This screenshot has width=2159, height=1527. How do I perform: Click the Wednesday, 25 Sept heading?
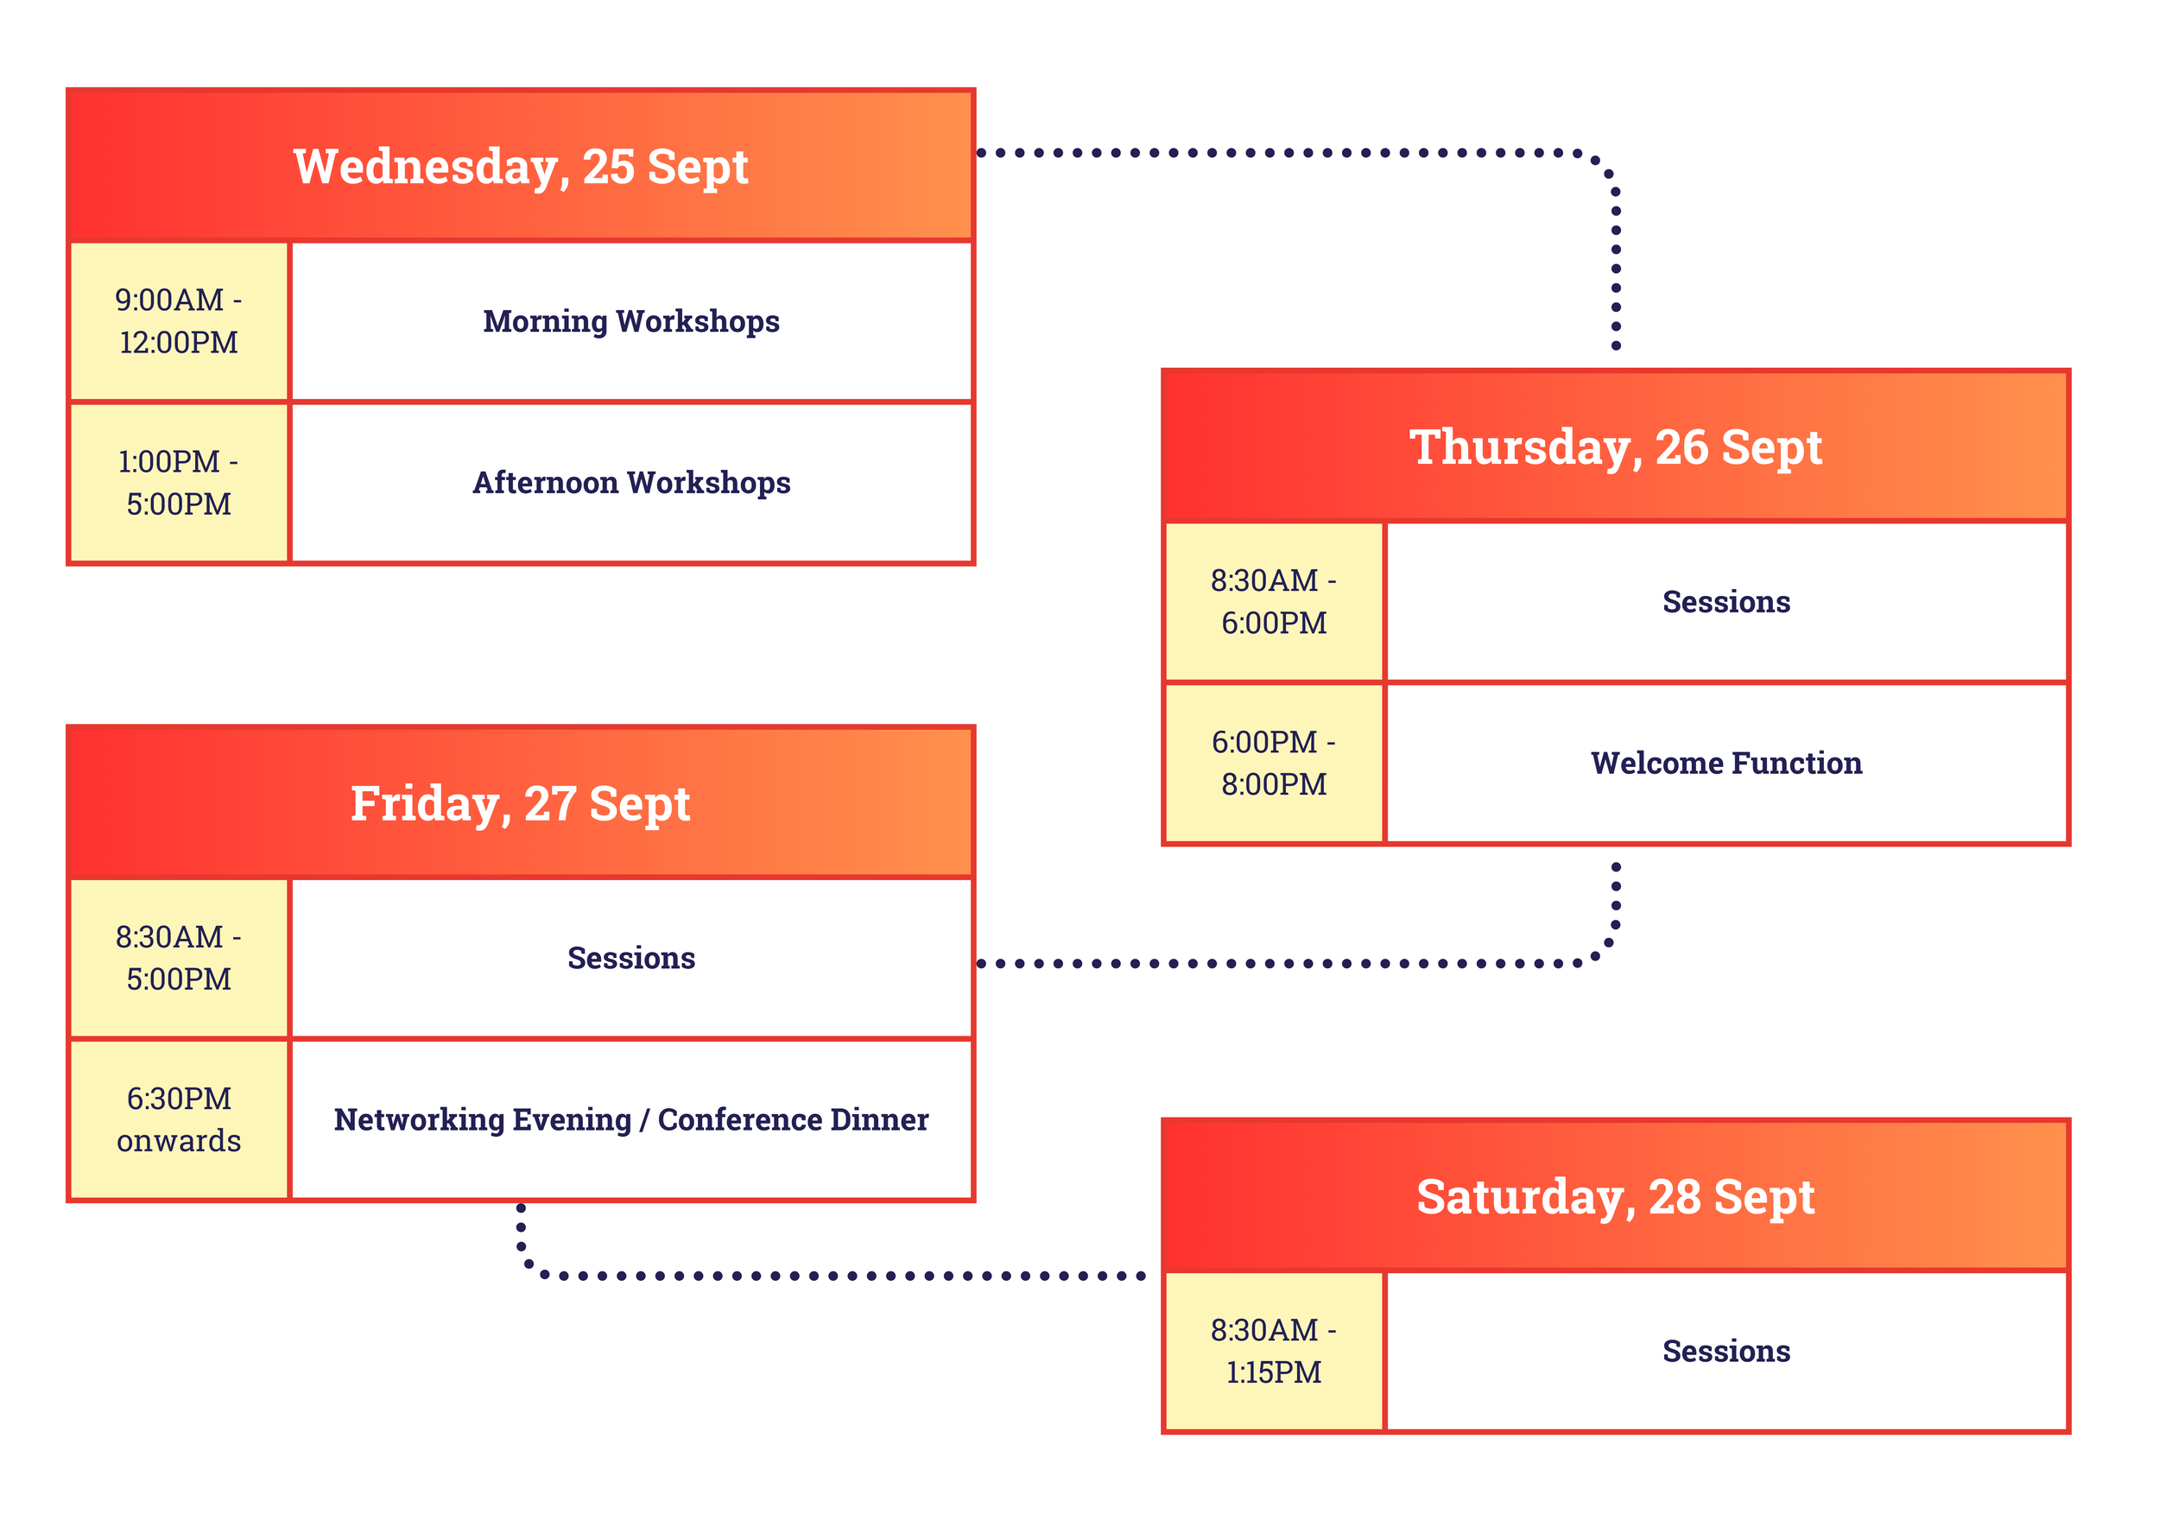[520, 167]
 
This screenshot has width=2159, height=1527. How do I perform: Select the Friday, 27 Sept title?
[520, 803]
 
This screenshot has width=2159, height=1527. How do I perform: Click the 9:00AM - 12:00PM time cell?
[179, 320]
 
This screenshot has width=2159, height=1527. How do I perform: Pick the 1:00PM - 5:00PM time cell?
[179, 482]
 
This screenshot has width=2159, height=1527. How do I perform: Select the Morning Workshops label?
[631, 320]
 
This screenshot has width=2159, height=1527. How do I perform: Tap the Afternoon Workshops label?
[631, 482]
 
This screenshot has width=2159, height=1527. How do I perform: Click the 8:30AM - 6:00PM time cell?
[1273, 602]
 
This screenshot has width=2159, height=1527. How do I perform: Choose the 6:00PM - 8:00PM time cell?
[1273, 763]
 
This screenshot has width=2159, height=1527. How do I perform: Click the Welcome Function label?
[1725, 763]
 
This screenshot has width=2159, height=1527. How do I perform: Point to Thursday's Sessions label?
[1725, 602]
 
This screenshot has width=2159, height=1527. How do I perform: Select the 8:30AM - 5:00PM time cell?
[179, 957]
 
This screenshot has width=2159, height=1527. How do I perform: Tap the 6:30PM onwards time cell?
[179, 1119]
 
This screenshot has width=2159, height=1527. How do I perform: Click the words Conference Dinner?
[793, 1119]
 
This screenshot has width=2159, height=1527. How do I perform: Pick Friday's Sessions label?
[631, 957]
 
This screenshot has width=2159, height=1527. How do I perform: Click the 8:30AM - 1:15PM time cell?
[1273, 1351]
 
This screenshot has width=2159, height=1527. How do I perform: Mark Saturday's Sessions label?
[1725, 1351]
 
